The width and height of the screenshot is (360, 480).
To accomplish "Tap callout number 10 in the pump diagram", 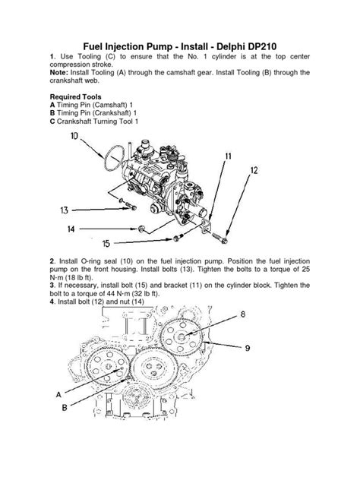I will coord(73,136).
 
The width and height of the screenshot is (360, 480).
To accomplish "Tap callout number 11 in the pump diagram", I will coord(227,156).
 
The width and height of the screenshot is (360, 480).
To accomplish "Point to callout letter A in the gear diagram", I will coord(58,394).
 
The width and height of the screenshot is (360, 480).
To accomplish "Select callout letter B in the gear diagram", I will coord(65,408).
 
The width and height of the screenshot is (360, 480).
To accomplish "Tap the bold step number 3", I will coord(52,285).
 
